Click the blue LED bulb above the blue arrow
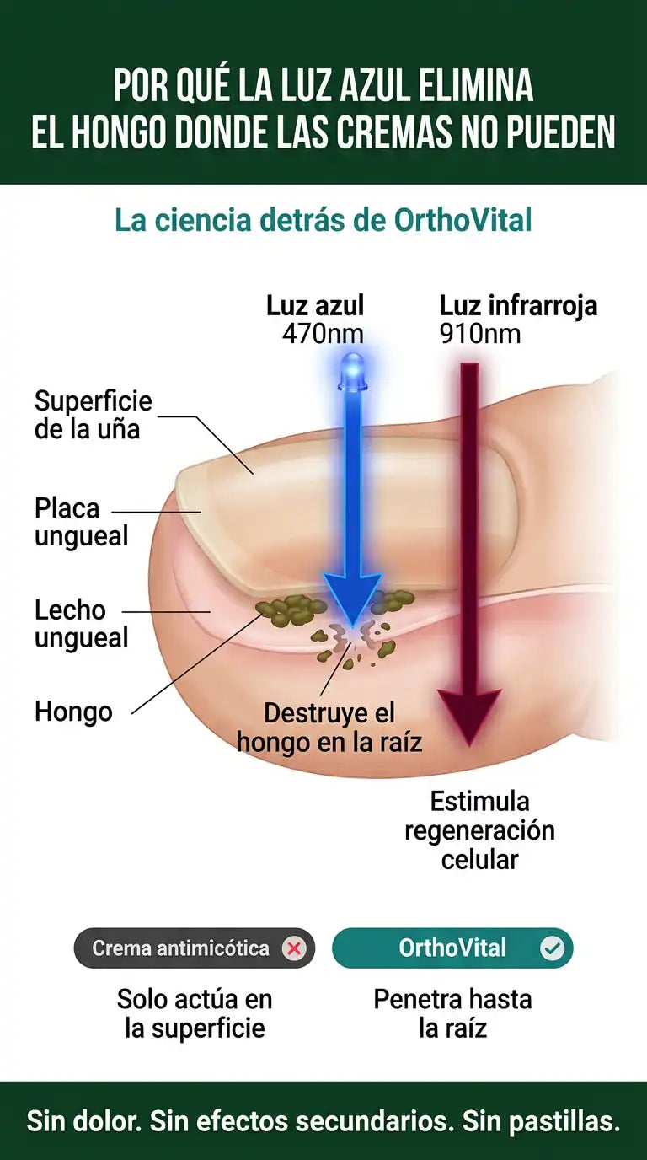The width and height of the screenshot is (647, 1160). [x=352, y=371]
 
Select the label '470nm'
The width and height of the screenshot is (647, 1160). [x=323, y=334]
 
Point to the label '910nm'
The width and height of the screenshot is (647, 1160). [x=480, y=334]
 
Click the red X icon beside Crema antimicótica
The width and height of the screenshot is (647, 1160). [x=294, y=948]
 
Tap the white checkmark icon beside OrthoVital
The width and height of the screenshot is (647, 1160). [x=553, y=948]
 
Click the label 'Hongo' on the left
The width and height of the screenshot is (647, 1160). [x=73, y=712]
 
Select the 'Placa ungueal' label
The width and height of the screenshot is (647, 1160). [x=81, y=522]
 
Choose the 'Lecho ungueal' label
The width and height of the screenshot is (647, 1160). [x=81, y=624]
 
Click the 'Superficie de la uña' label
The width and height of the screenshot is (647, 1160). [x=94, y=415]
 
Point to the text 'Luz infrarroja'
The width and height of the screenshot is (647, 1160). [x=518, y=305]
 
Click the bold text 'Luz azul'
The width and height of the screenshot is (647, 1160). [x=315, y=305]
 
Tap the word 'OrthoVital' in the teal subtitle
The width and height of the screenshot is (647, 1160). [x=463, y=219]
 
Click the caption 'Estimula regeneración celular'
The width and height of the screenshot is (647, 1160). [x=480, y=830]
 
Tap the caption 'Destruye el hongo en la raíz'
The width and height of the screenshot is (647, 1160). [x=329, y=727]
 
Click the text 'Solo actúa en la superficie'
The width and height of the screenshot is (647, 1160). [x=195, y=1013]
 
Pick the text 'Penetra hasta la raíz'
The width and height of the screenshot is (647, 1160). [x=453, y=1013]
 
